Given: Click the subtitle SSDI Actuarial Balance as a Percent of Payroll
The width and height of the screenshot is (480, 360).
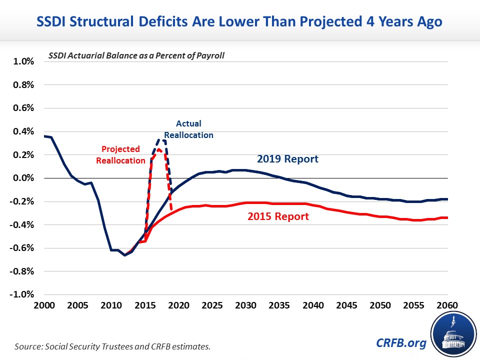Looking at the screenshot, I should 136,55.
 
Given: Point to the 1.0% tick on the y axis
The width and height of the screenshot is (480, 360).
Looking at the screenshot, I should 23,61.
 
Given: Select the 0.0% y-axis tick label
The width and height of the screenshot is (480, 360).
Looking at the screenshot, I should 23,178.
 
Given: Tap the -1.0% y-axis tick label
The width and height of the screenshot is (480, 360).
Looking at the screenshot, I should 22,294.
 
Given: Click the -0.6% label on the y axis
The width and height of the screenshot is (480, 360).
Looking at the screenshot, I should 22,248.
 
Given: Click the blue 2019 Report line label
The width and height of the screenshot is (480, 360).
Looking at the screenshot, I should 288,159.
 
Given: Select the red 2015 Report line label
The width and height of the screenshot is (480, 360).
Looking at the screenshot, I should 278,216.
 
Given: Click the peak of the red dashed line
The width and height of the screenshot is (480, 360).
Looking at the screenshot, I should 158,149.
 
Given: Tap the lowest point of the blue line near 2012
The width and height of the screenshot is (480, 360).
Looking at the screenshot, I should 125,255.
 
